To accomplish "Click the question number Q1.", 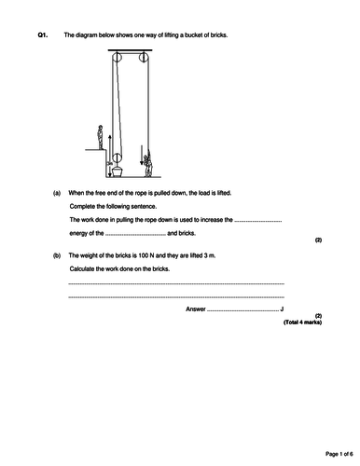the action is [x=43, y=35].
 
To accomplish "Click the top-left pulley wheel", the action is [x=117, y=57].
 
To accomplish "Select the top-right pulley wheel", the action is [x=144, y=57].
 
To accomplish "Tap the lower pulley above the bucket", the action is [x=117, y=158].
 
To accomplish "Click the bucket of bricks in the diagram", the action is [x=118, y=171].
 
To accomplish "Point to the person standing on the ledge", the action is [x=100, y=137].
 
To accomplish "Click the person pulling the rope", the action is [x=148, y=164].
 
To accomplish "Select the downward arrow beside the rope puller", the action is [x=142, y=155].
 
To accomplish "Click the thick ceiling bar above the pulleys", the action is [x=131, y=50].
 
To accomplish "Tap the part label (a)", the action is [x=57, y=193].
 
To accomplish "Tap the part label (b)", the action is [x=57, y=255].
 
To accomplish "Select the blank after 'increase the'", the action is [x=258, y=221].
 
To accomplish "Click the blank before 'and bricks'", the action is [x=135, y=235].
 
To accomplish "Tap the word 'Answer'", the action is [x=196, y=309].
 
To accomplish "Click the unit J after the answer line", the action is [x=282, y=309].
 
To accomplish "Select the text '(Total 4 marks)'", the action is [x=302, y=322].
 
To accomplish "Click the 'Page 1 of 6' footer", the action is [x=339, y=454].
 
